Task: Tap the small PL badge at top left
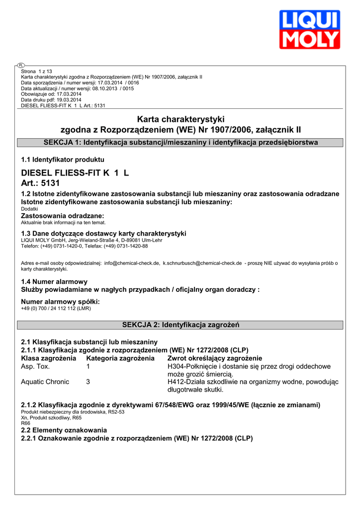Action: [21, 65]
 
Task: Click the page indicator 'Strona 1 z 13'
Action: [36, 72]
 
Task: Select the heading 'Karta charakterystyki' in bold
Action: [180, 119]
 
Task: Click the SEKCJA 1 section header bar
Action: [180, 143]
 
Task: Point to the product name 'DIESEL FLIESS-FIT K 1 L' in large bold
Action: [75, 173]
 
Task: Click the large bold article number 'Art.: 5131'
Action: [40, 183]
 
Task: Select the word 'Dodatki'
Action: [29, 209]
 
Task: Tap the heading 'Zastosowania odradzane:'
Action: [63, 216]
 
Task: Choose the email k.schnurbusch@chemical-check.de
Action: [202, 263]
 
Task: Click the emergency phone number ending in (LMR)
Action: [56, 308]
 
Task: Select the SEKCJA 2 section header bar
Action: [180, 325]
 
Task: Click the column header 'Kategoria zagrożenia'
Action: [120, 358]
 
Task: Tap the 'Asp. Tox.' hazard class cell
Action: [35, 366]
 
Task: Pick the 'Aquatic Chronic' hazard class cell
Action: [45, 382]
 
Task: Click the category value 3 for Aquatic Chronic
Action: [88, 382]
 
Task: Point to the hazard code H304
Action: [176, 366]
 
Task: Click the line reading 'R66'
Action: [25, 423]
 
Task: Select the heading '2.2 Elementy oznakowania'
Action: [64, 429]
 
